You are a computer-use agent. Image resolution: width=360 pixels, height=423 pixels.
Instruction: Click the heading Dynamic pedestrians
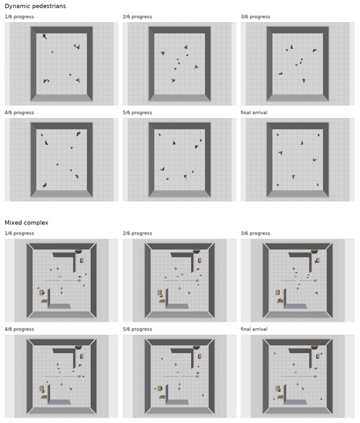35,6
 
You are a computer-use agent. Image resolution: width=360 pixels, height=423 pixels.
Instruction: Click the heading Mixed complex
26,222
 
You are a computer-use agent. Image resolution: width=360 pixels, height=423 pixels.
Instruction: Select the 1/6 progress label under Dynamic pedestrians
20,17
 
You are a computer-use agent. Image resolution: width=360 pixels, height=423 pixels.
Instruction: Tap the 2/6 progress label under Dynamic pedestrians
137,17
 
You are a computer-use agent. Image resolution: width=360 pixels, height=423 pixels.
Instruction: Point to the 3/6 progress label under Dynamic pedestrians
255,17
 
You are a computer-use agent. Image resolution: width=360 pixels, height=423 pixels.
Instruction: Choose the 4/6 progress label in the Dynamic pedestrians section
20,112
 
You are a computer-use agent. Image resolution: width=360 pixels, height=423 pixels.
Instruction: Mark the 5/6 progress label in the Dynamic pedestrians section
137,112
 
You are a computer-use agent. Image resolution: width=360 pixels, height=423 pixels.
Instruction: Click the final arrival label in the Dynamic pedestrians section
254,112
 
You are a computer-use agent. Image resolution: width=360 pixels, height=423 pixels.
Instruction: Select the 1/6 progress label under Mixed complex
20,233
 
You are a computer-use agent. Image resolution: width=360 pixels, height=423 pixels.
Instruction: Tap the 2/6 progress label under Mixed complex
137,233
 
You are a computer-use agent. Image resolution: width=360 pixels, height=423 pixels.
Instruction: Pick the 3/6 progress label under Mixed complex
255,233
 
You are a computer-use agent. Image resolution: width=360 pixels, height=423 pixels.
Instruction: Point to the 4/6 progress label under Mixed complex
20,329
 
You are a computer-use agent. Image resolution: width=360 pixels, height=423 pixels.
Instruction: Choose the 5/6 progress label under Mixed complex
137,329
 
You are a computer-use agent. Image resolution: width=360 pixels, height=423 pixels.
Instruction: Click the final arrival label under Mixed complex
254,329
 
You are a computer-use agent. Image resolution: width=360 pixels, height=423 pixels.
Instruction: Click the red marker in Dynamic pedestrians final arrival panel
318,135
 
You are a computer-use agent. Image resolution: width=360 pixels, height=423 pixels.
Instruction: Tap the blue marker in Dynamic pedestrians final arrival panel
278,185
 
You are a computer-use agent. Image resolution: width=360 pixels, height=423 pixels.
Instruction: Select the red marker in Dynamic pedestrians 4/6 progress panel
71,148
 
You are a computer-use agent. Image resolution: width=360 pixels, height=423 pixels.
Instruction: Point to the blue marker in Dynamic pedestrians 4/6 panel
57,164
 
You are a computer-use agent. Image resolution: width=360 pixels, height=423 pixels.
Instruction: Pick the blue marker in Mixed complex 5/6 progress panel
203,395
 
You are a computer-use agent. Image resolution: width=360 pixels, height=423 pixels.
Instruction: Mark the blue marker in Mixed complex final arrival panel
321,399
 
